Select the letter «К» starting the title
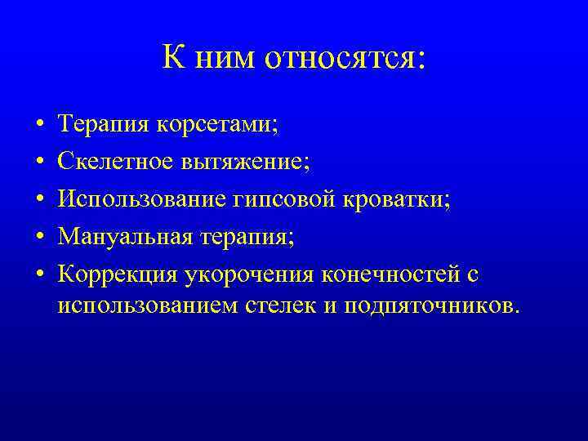pos(172,57)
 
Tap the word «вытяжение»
pos(249,163)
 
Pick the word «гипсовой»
pos(284,201)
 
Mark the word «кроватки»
pos(398,201)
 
